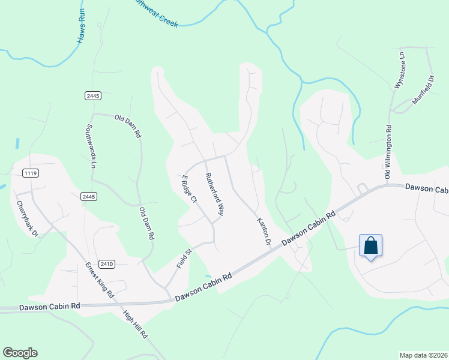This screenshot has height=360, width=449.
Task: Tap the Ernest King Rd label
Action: coord(99,280)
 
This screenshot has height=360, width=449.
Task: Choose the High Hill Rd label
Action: coord(135,325)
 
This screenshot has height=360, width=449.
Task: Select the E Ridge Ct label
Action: coord(189,189)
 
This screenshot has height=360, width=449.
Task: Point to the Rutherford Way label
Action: coord(215,194)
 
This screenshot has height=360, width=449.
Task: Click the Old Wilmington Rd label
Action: coord(388,151)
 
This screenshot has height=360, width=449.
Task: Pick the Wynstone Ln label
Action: coord(399,70)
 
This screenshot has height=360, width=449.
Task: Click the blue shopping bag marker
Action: coord(370,245)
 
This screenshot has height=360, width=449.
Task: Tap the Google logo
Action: coord(20,353)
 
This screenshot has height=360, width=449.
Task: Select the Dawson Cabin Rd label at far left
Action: coord(49,306)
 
